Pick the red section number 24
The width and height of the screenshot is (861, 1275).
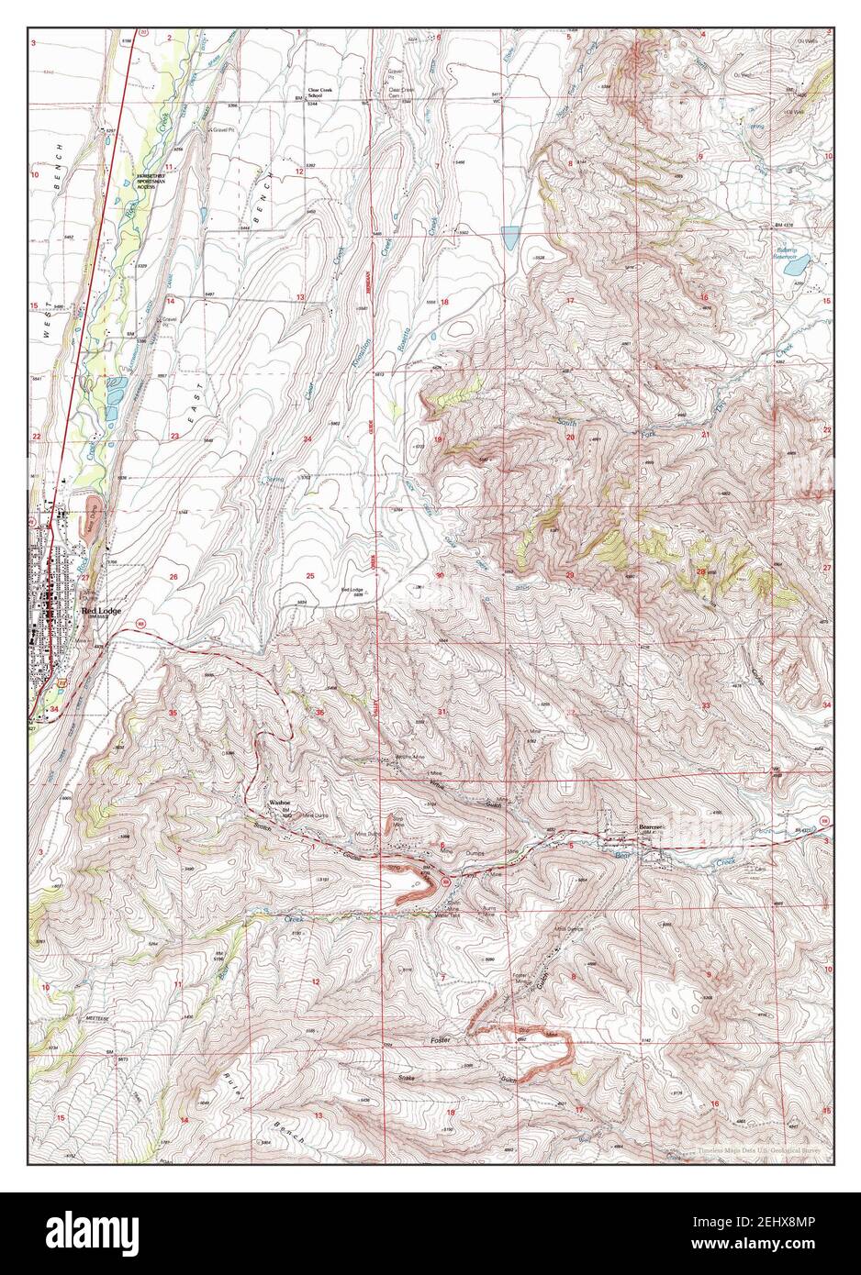(307, 440)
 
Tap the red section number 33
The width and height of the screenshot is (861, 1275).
(705, 704)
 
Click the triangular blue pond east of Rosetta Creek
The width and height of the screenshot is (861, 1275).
(510, 238)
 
